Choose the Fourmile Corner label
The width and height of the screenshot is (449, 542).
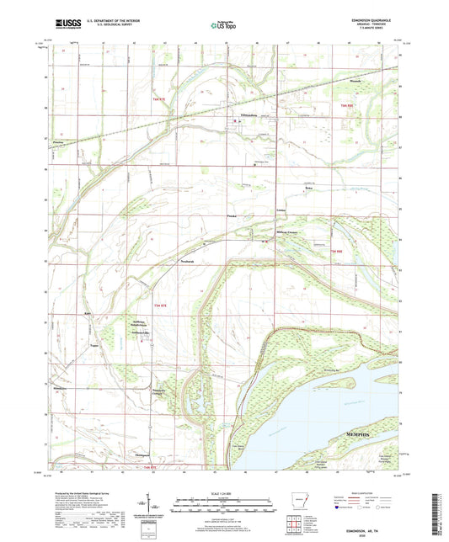tap(159, 380)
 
